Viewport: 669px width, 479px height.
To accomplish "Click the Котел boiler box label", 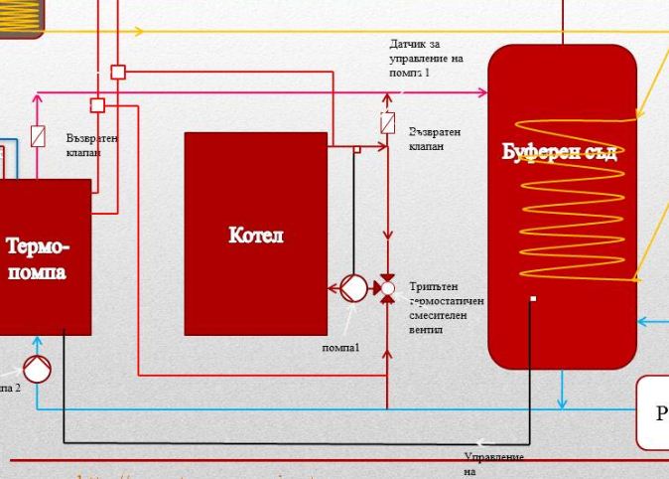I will [255, 235].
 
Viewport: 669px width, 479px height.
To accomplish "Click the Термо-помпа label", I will [39, 257].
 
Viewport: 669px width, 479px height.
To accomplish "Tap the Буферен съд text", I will [560, 152].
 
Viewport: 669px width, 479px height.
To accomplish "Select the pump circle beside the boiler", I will [352, 288].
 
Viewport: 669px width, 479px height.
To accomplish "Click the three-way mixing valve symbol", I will [387, 288].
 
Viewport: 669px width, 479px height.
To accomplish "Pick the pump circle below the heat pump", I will [37, 369].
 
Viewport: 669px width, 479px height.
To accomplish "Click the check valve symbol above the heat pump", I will [38, 136].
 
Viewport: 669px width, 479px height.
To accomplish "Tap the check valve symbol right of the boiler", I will [388, 124].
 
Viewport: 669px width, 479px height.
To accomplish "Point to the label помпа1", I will [340, 347].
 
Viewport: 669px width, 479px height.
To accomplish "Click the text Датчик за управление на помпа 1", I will [426, 59].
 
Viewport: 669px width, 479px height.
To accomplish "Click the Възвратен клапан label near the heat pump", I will [91, 145].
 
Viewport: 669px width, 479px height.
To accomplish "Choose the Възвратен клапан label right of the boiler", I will [434, 138].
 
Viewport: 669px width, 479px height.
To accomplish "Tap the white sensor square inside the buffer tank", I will [533, 298].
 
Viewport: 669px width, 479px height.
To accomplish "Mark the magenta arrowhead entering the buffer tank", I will [482, 93].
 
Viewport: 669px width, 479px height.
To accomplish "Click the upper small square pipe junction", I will [118, 72].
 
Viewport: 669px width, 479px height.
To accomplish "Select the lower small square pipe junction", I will [97, 105].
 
